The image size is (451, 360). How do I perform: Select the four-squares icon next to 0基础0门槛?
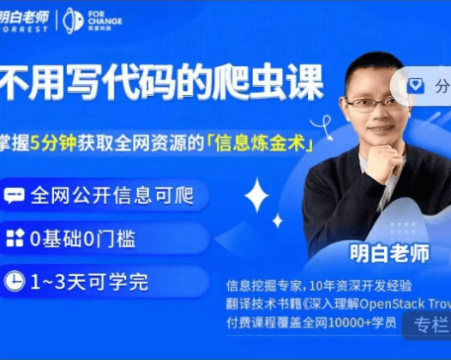[x=15, y=238]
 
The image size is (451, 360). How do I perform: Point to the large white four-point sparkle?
[x=256, y=196]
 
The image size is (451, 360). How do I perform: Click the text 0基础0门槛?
[x=82, y=238]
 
